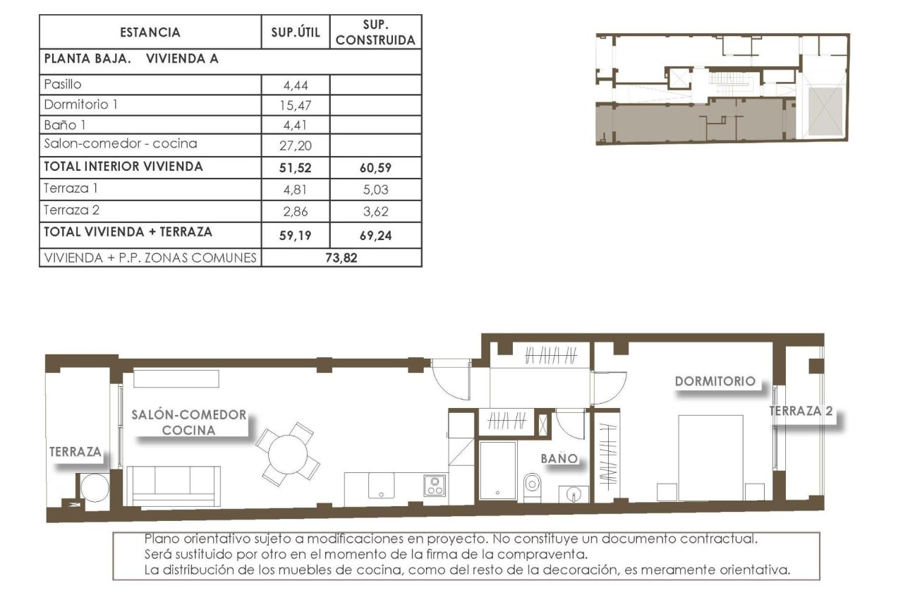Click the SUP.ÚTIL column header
[296, 32]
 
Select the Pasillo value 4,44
[296, 86]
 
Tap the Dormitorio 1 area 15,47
[296, 107]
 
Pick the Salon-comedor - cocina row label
[120, 144]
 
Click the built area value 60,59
[375, 168]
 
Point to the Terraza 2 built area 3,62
[375, 211]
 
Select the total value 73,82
[341, 258]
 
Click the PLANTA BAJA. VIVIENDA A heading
[131, 59]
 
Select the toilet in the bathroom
[532, 484]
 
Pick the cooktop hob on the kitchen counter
[434, 486]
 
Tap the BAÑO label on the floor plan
[559, 459]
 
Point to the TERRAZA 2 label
[800, 411]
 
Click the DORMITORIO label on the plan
[715, 381]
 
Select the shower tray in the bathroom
[497, 469]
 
